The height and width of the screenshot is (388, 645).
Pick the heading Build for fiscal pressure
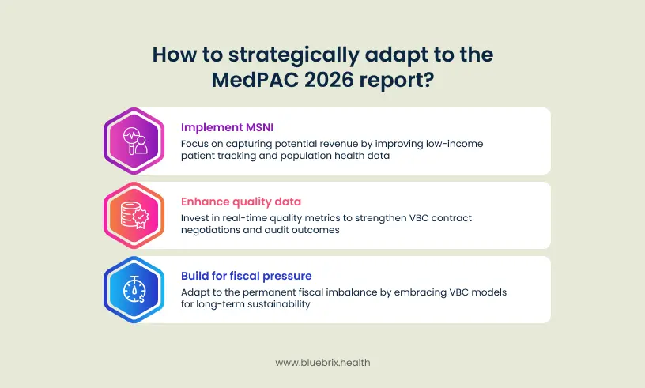247,276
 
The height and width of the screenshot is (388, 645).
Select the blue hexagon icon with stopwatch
134,289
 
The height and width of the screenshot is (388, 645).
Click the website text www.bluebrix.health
322,363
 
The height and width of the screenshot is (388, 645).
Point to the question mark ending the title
428,79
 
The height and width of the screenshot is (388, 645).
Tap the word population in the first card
300,156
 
